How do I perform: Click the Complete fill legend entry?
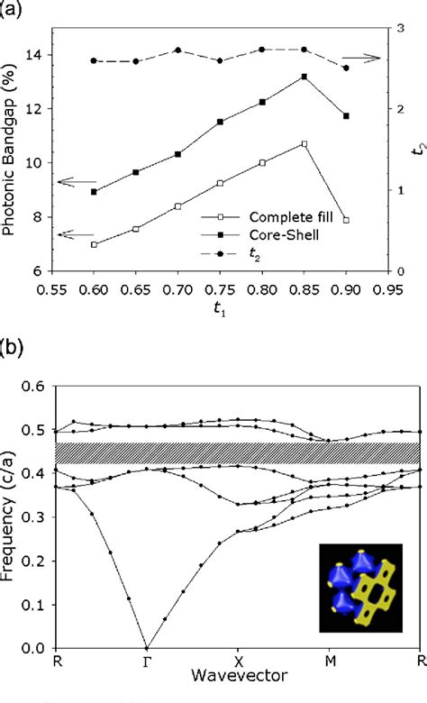click(276, 217)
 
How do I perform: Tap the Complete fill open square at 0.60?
click(94, 244)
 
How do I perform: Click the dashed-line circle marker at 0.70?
click(177, 50)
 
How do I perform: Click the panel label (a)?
click(14, 9)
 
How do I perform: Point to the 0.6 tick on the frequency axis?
click(35, 385)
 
